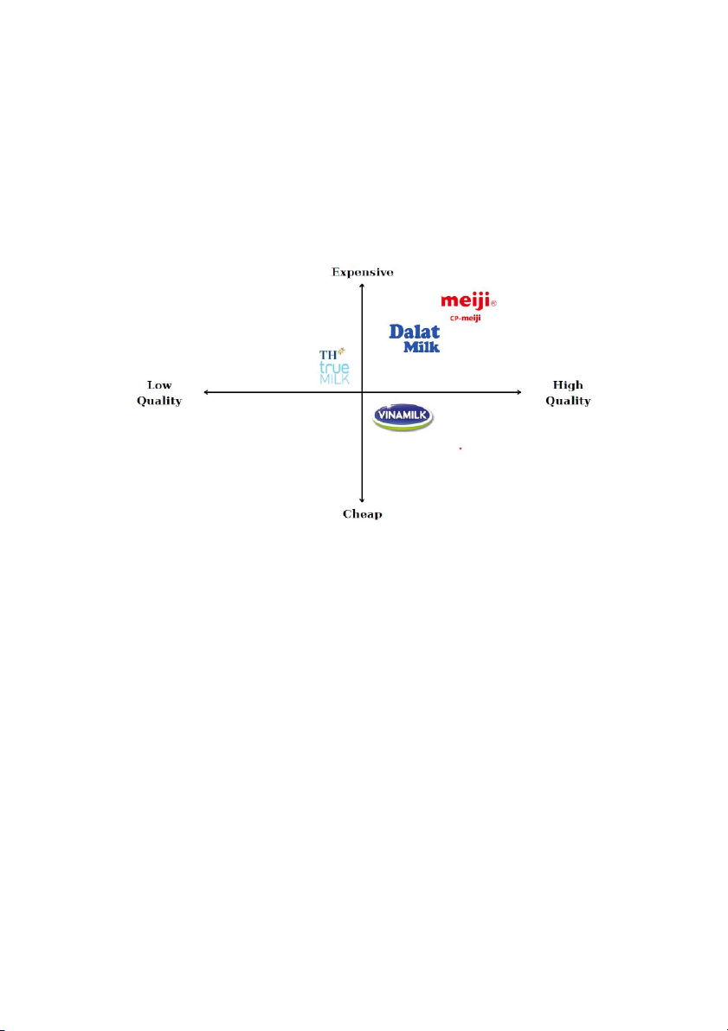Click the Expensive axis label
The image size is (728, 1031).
pos(363,272)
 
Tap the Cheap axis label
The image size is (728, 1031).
pos(363,513)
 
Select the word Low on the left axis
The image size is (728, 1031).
pos(159,385)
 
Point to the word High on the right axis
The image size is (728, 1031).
pos(568,385)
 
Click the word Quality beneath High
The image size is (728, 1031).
pos(568,401)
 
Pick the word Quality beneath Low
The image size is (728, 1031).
pos(159,401)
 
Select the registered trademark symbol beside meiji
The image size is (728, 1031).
pos(494,304)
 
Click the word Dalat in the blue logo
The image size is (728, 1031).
pos(415,332)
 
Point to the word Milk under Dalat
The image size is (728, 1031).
pos(422,346)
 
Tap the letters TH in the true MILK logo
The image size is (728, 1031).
pos(327,355)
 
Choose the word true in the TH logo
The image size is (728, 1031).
pos(334,368)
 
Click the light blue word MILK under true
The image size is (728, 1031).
pos(334,379)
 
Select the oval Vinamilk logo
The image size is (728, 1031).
pos(403,417)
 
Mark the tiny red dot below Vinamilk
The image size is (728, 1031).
pos(461,448)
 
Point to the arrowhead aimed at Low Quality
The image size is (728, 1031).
pos(207,392)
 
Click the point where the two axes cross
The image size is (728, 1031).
pos(362,392)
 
